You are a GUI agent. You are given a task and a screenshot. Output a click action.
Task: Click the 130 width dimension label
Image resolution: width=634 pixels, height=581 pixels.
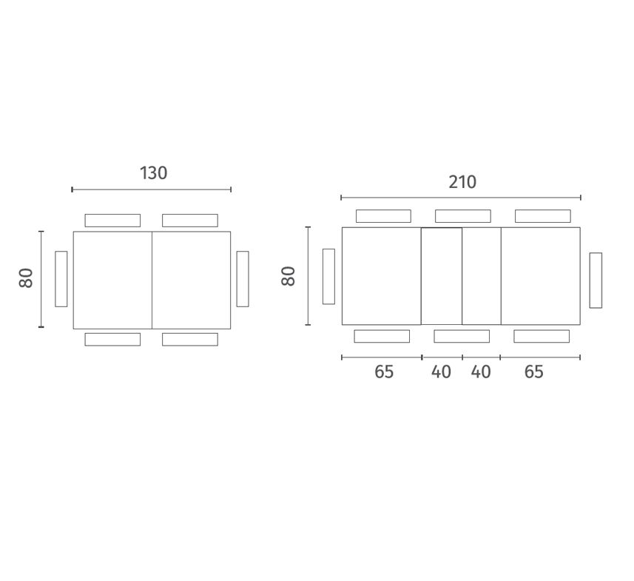pos(153,173)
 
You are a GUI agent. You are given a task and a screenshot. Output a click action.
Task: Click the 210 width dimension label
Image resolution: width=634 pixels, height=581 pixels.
pos(462,182)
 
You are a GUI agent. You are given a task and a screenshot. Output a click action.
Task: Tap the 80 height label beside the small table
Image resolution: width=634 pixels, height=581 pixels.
pos(26,278)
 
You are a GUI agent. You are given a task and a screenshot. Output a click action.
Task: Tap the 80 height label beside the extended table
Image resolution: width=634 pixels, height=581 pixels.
pos(289,276)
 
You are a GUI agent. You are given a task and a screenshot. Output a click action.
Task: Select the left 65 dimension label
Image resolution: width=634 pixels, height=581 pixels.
pos(384,372)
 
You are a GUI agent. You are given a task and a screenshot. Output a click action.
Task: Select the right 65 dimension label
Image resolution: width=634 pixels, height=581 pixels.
pos(533,372)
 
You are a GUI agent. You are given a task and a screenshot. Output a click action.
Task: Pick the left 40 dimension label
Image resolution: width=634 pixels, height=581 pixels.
pos(441,372)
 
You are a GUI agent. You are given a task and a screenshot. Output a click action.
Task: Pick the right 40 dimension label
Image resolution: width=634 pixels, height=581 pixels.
pos(481,372)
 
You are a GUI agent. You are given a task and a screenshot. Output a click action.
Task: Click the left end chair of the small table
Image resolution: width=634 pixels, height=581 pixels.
pos(61,279)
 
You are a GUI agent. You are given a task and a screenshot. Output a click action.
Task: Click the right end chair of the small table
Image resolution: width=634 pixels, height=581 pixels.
pos(243,279)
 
